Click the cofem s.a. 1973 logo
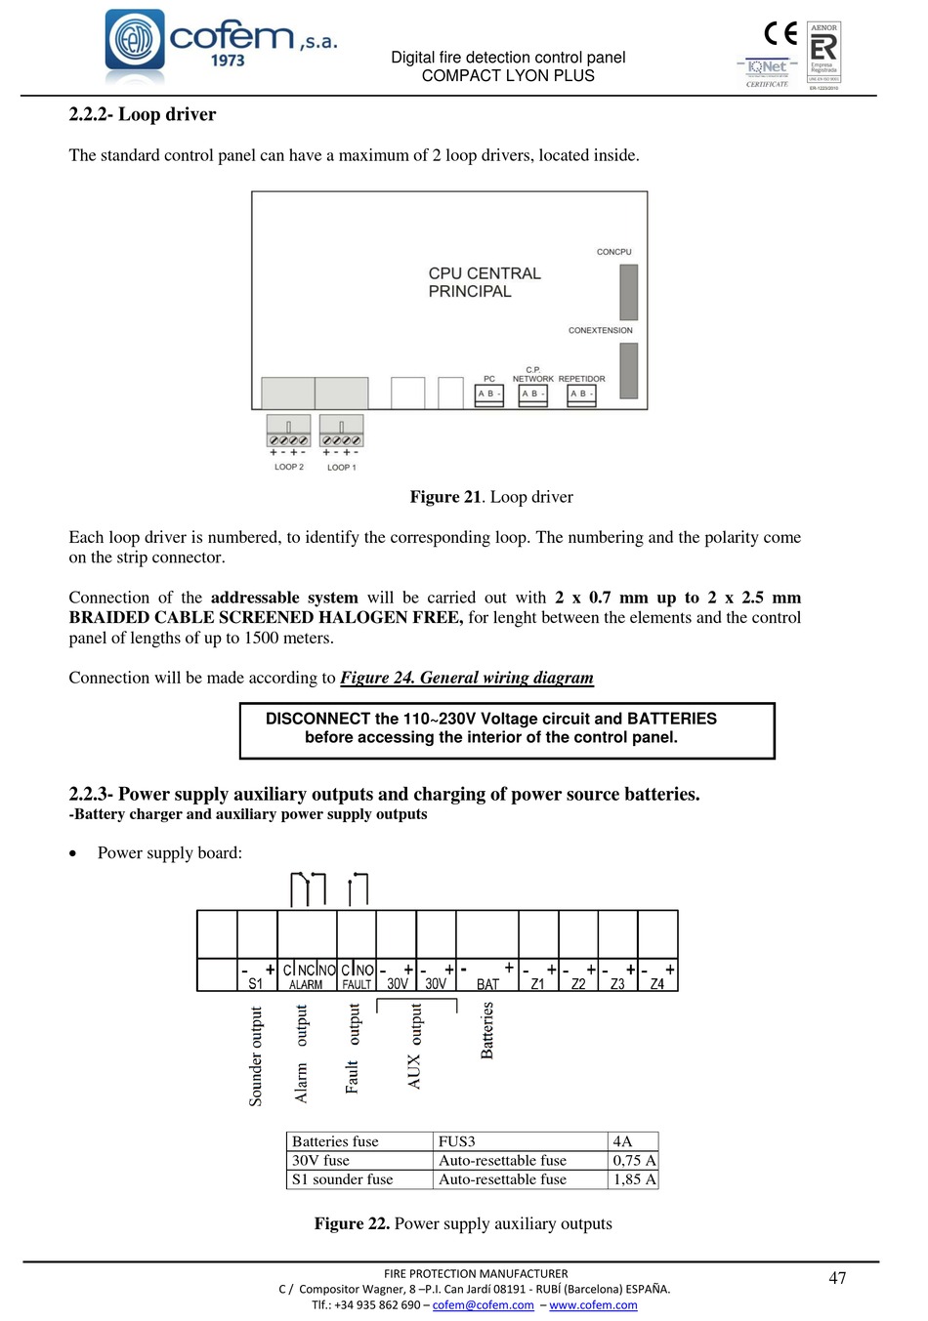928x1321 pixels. [x=221, y=45]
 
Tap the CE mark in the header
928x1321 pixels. [x=780, y=34]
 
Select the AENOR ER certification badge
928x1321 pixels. [x=823, y=56]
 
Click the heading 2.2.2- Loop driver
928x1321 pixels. [x=143, y=114]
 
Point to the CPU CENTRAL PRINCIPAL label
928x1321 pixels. [x=484, y=282]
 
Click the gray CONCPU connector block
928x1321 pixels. [x=628, y=292]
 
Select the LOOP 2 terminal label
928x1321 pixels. [x=289, y=467]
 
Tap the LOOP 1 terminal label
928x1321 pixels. [x=342, y=468]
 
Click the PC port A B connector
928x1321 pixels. [x=488, y=394]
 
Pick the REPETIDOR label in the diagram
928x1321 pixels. [x=581, y=379]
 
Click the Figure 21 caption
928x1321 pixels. [x=491, y=497]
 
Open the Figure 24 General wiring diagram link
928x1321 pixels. [x=467, y=678]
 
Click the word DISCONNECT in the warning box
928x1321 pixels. [x=316, y=719]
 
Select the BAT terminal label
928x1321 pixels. [x=487, y=984]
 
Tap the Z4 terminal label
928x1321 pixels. [x=657, y=984]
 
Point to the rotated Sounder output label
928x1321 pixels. [x=256, y=1056]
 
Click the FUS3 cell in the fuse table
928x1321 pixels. [x=457, y=1141]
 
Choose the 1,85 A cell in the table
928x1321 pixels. [x=634, y=1179]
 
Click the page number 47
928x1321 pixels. [x=837, y=1278]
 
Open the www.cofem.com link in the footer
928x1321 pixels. [x=593, y=1305]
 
